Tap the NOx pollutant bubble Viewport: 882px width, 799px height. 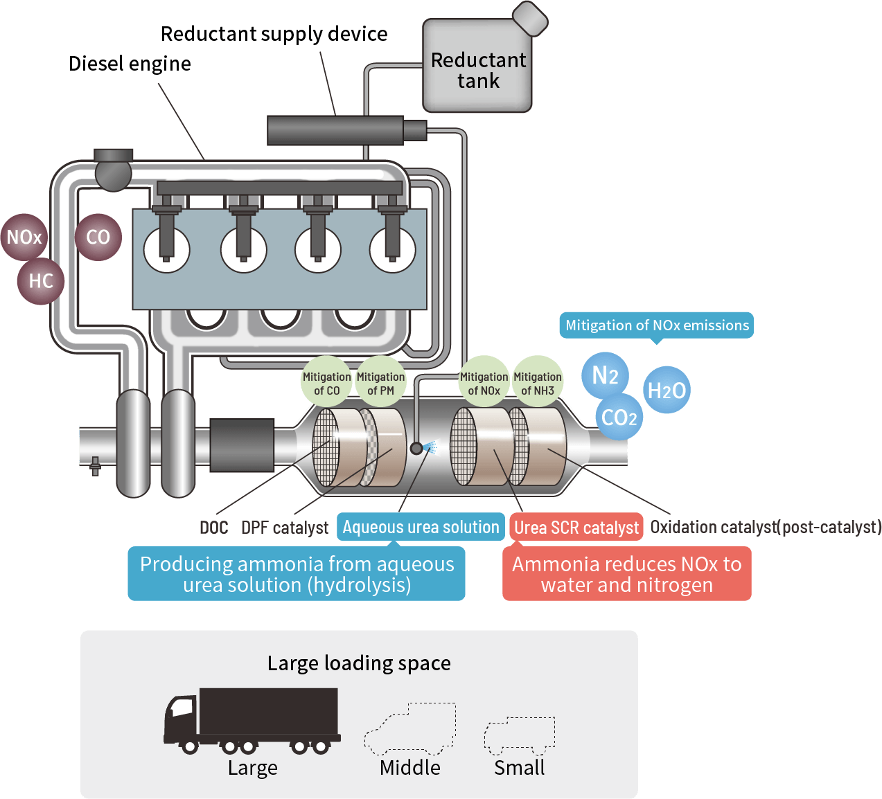tap(24, 237)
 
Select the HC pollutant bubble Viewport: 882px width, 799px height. tap(41, 281)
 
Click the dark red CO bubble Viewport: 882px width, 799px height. tap(98, 237)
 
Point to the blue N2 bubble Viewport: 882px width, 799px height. tap(605, 376)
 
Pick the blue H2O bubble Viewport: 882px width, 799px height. tap(667, 390)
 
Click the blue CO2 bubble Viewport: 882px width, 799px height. tap(619, 418)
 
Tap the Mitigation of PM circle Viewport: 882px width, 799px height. tap(380, 383)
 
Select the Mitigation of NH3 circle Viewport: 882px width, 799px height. tap(538, 383)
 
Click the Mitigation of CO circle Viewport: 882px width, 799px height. tap(326, 383)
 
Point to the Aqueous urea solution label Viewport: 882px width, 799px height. tap(421, 528)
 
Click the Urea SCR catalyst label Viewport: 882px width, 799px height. tap(576, 528)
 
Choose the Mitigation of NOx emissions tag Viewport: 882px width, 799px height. tap(657, 325)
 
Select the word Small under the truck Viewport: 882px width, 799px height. tap(519, 768)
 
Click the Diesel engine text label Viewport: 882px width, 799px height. tap(130, 64)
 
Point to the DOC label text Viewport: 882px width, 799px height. tap(214, 528)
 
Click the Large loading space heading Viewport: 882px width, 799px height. tap(359, 663)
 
